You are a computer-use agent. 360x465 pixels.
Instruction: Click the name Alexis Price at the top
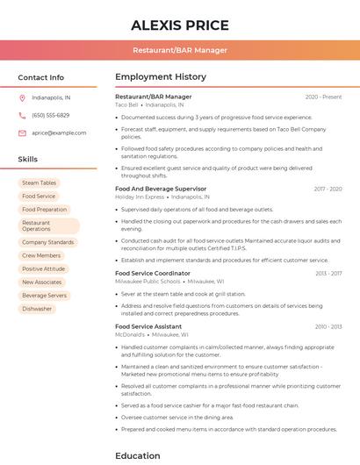[180, 25]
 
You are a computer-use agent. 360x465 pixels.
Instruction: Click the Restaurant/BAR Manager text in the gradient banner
[180, 51]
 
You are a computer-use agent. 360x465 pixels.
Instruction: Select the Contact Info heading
[41, 77]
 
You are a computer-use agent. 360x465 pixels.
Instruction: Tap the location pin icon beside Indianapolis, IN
[22, 98]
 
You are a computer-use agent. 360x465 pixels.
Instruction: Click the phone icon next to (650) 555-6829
[22, 115]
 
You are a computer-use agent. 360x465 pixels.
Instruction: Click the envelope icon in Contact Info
[22, 132]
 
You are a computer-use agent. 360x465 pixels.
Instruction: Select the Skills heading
[28, 160]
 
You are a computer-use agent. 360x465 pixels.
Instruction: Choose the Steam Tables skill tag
[40, 183]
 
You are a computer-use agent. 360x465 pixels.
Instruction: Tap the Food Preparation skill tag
[44, 210]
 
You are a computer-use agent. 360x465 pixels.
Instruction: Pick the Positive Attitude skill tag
[44, 268]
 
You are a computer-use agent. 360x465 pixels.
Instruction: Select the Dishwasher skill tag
[37, 309]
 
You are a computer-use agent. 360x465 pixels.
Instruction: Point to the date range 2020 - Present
[323, 97]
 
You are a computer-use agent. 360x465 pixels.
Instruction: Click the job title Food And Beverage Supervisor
[161, 189]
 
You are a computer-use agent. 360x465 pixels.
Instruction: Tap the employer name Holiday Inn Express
[140, 197]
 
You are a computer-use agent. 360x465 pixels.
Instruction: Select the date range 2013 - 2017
[328, 274]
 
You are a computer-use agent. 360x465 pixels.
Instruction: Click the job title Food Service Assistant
[148, 326]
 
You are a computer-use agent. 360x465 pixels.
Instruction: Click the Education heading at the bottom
[138, 455]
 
